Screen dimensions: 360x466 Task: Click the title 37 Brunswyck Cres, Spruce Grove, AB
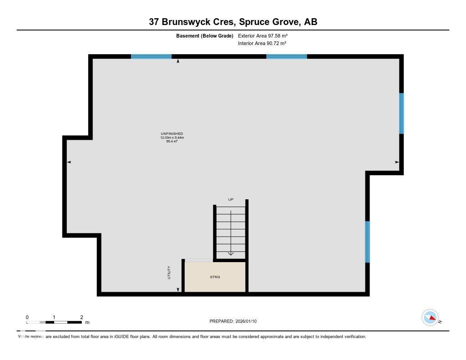[x=233, y=21]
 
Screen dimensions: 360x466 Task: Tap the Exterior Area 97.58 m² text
[x=263, y=35]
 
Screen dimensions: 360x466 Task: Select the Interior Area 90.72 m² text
[x=262, y=44]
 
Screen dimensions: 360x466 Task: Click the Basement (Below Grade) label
[x=205, y=35]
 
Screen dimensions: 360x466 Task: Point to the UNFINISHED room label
[x=172, y=134]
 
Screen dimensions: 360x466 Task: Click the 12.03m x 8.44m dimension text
[x=172, y=137]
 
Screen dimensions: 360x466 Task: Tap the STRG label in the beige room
[x=215, y=277]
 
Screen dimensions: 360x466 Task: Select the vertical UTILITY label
[x=169, y=272]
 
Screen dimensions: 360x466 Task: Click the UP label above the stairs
[x=231, y=199]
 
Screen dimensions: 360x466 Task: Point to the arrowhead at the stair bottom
[x=231, y=254]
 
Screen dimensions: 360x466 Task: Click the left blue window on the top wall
[x=151, y=57]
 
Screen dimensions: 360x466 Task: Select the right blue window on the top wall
[x=286, y=57]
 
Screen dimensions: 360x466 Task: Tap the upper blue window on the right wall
[x=401, y=113]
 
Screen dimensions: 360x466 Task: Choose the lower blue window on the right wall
[x=367, y=242]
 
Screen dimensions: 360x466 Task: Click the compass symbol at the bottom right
[x=430, y=318]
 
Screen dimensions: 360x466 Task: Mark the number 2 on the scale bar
[x=81, y=317]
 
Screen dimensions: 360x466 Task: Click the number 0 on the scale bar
[x=27, y=317]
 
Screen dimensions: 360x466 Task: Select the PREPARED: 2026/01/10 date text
[x=233, y=321]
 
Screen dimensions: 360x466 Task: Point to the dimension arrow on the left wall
[x=69, y=162]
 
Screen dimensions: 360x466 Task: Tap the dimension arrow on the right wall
[x=397, y=162]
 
